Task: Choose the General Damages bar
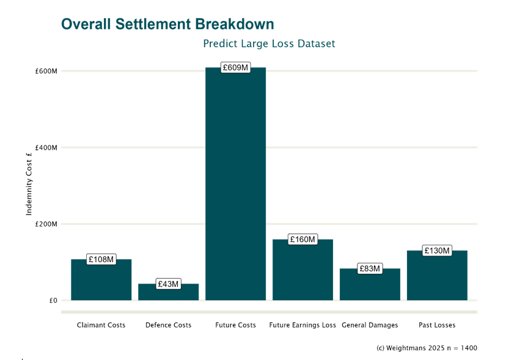point(370,286)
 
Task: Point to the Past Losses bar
point(437,278)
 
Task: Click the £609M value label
point(235,68)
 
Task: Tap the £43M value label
point(168,284)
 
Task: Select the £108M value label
point(101,259)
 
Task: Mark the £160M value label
point(302,240)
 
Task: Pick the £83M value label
point(370,269)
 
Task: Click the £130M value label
point(437,251)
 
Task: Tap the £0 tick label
point(53,301)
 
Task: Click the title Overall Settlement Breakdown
point(167,24)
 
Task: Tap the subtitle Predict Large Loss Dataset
point(269,44)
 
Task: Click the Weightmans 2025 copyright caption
point(427,348)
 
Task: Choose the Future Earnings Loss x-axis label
point(302,325)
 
